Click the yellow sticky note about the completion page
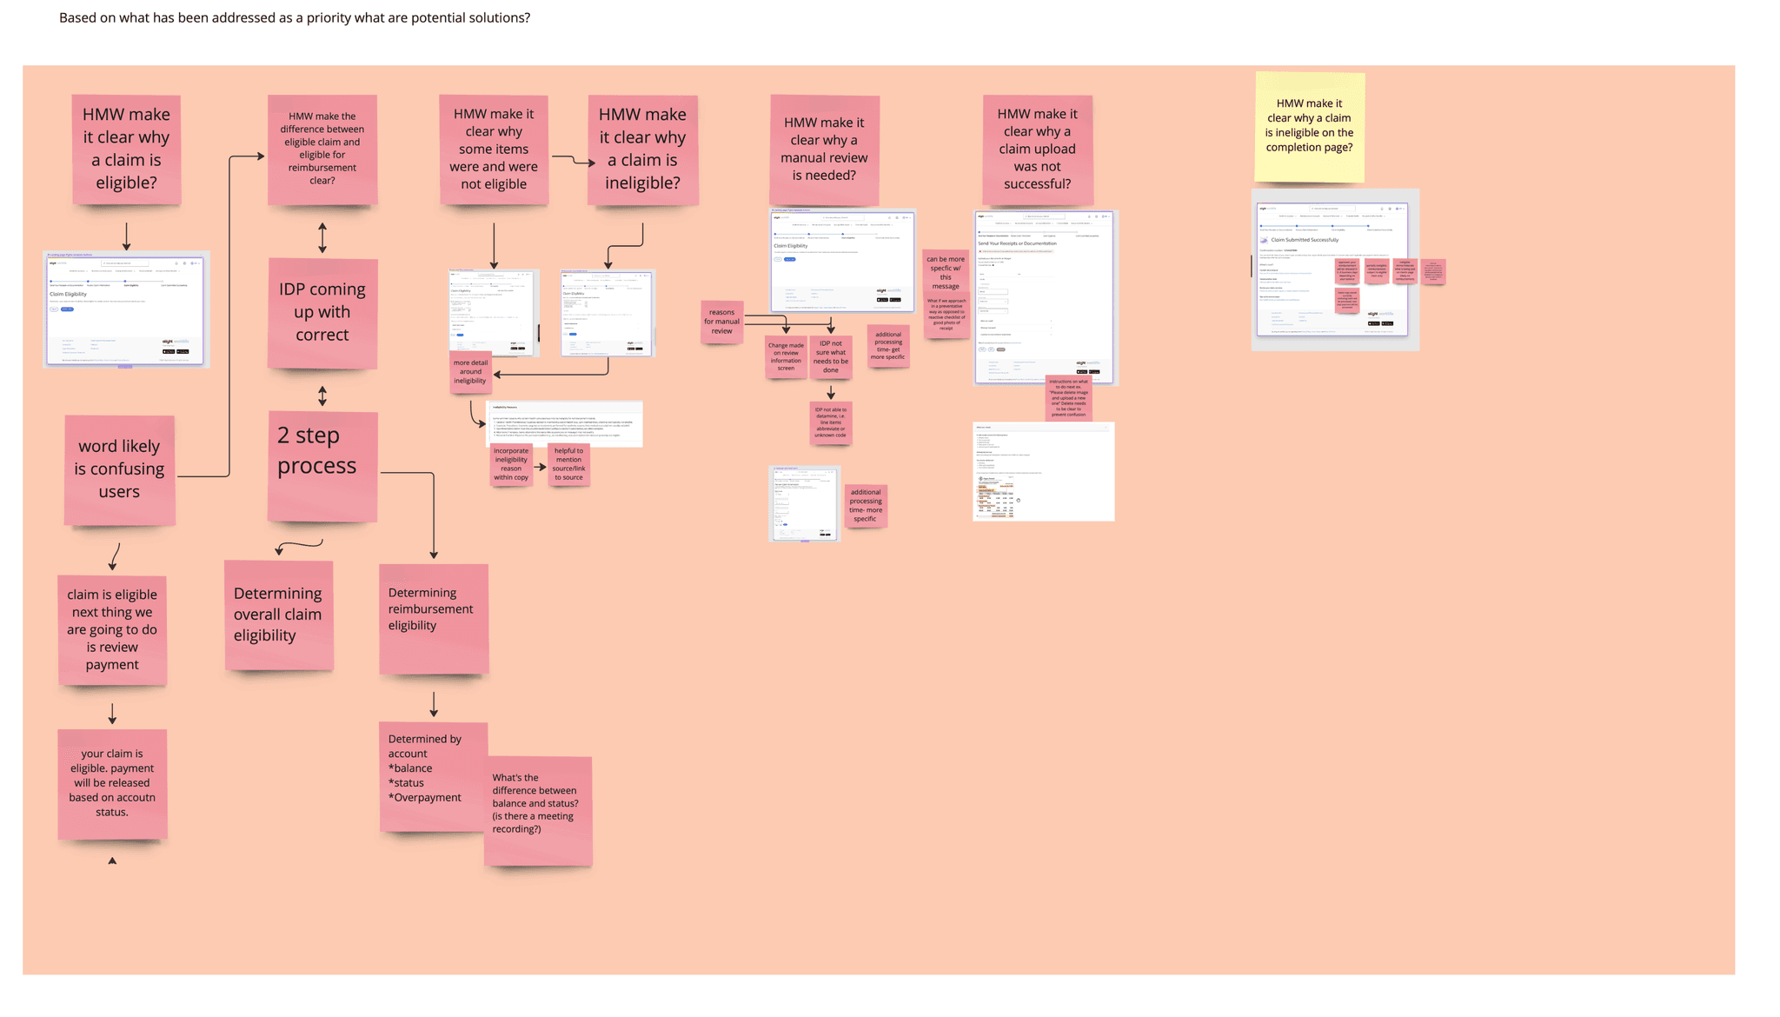[1309, 127]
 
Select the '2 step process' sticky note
[322, 467]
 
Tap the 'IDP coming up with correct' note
[322, 313]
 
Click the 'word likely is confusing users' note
[120, 469]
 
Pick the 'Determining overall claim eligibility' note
[278, 615]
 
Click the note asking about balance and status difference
[538, 810]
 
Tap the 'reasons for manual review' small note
[721, 322]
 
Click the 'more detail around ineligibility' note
[470, 373]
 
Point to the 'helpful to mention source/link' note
[569, 464]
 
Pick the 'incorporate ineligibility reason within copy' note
[511, 464]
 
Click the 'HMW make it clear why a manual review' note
[824, 150]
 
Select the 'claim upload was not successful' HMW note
[1037, 150]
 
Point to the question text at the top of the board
[295, 18]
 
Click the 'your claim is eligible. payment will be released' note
[112, 784]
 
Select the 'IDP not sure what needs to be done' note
[831, 356]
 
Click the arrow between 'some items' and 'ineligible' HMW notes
[573, 160]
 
